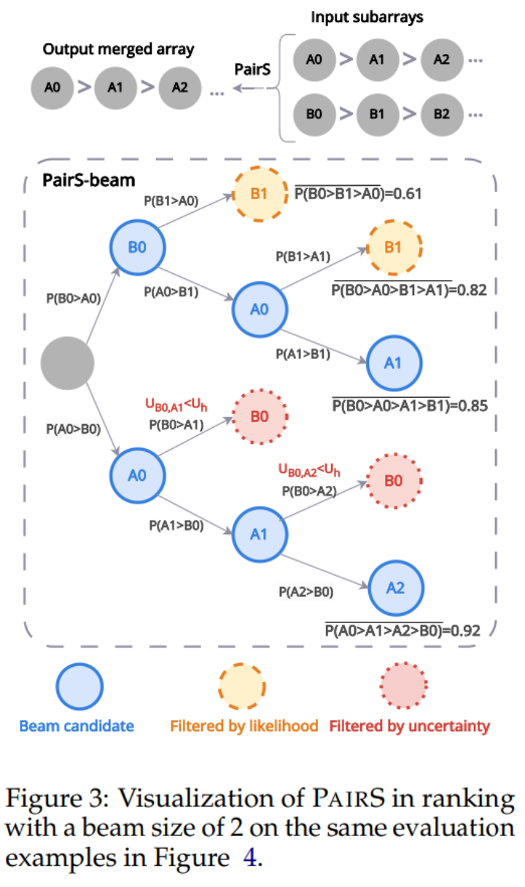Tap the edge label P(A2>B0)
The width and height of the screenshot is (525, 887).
[306, 592]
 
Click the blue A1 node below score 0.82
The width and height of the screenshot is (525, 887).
[394, 364]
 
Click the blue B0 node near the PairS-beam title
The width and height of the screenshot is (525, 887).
[136, 246]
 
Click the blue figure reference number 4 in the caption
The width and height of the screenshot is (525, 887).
[249, 857]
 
